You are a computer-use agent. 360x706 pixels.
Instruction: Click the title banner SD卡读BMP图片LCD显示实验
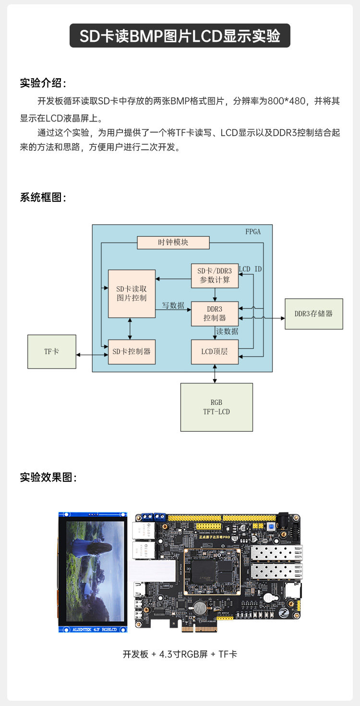(x=180, y=36)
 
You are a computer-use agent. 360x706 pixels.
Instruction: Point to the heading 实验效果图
(x=48, y=477)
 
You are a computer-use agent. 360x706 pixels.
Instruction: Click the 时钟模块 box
(x=173, y=243)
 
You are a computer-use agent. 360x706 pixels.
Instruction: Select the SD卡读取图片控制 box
(x=132, y=293)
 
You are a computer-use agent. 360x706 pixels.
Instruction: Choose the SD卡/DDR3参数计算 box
(x=215, y=276)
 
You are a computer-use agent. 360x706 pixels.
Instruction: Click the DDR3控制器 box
(x=215, y=313)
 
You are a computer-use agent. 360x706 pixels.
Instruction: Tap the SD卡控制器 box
(x=132, y=352)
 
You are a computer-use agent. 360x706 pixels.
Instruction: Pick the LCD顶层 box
(x=215, y=352)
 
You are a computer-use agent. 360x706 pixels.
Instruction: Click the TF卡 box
(x=52, y=352)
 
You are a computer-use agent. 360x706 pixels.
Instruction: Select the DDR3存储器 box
(x=313, y=314)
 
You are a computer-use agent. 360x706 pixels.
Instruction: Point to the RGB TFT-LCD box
(x=216, y=407)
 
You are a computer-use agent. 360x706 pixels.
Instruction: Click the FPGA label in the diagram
(x=253, y=231)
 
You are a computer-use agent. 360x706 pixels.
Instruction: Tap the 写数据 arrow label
(x=173, y=305)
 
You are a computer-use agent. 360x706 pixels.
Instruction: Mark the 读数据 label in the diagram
(x=227, y=331)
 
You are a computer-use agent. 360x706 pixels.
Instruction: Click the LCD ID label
(x=251, y=269)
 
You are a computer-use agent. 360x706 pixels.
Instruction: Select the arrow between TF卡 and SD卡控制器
(x=92, y=355)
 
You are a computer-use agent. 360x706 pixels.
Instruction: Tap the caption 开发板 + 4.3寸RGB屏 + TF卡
(x=180, y=654)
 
